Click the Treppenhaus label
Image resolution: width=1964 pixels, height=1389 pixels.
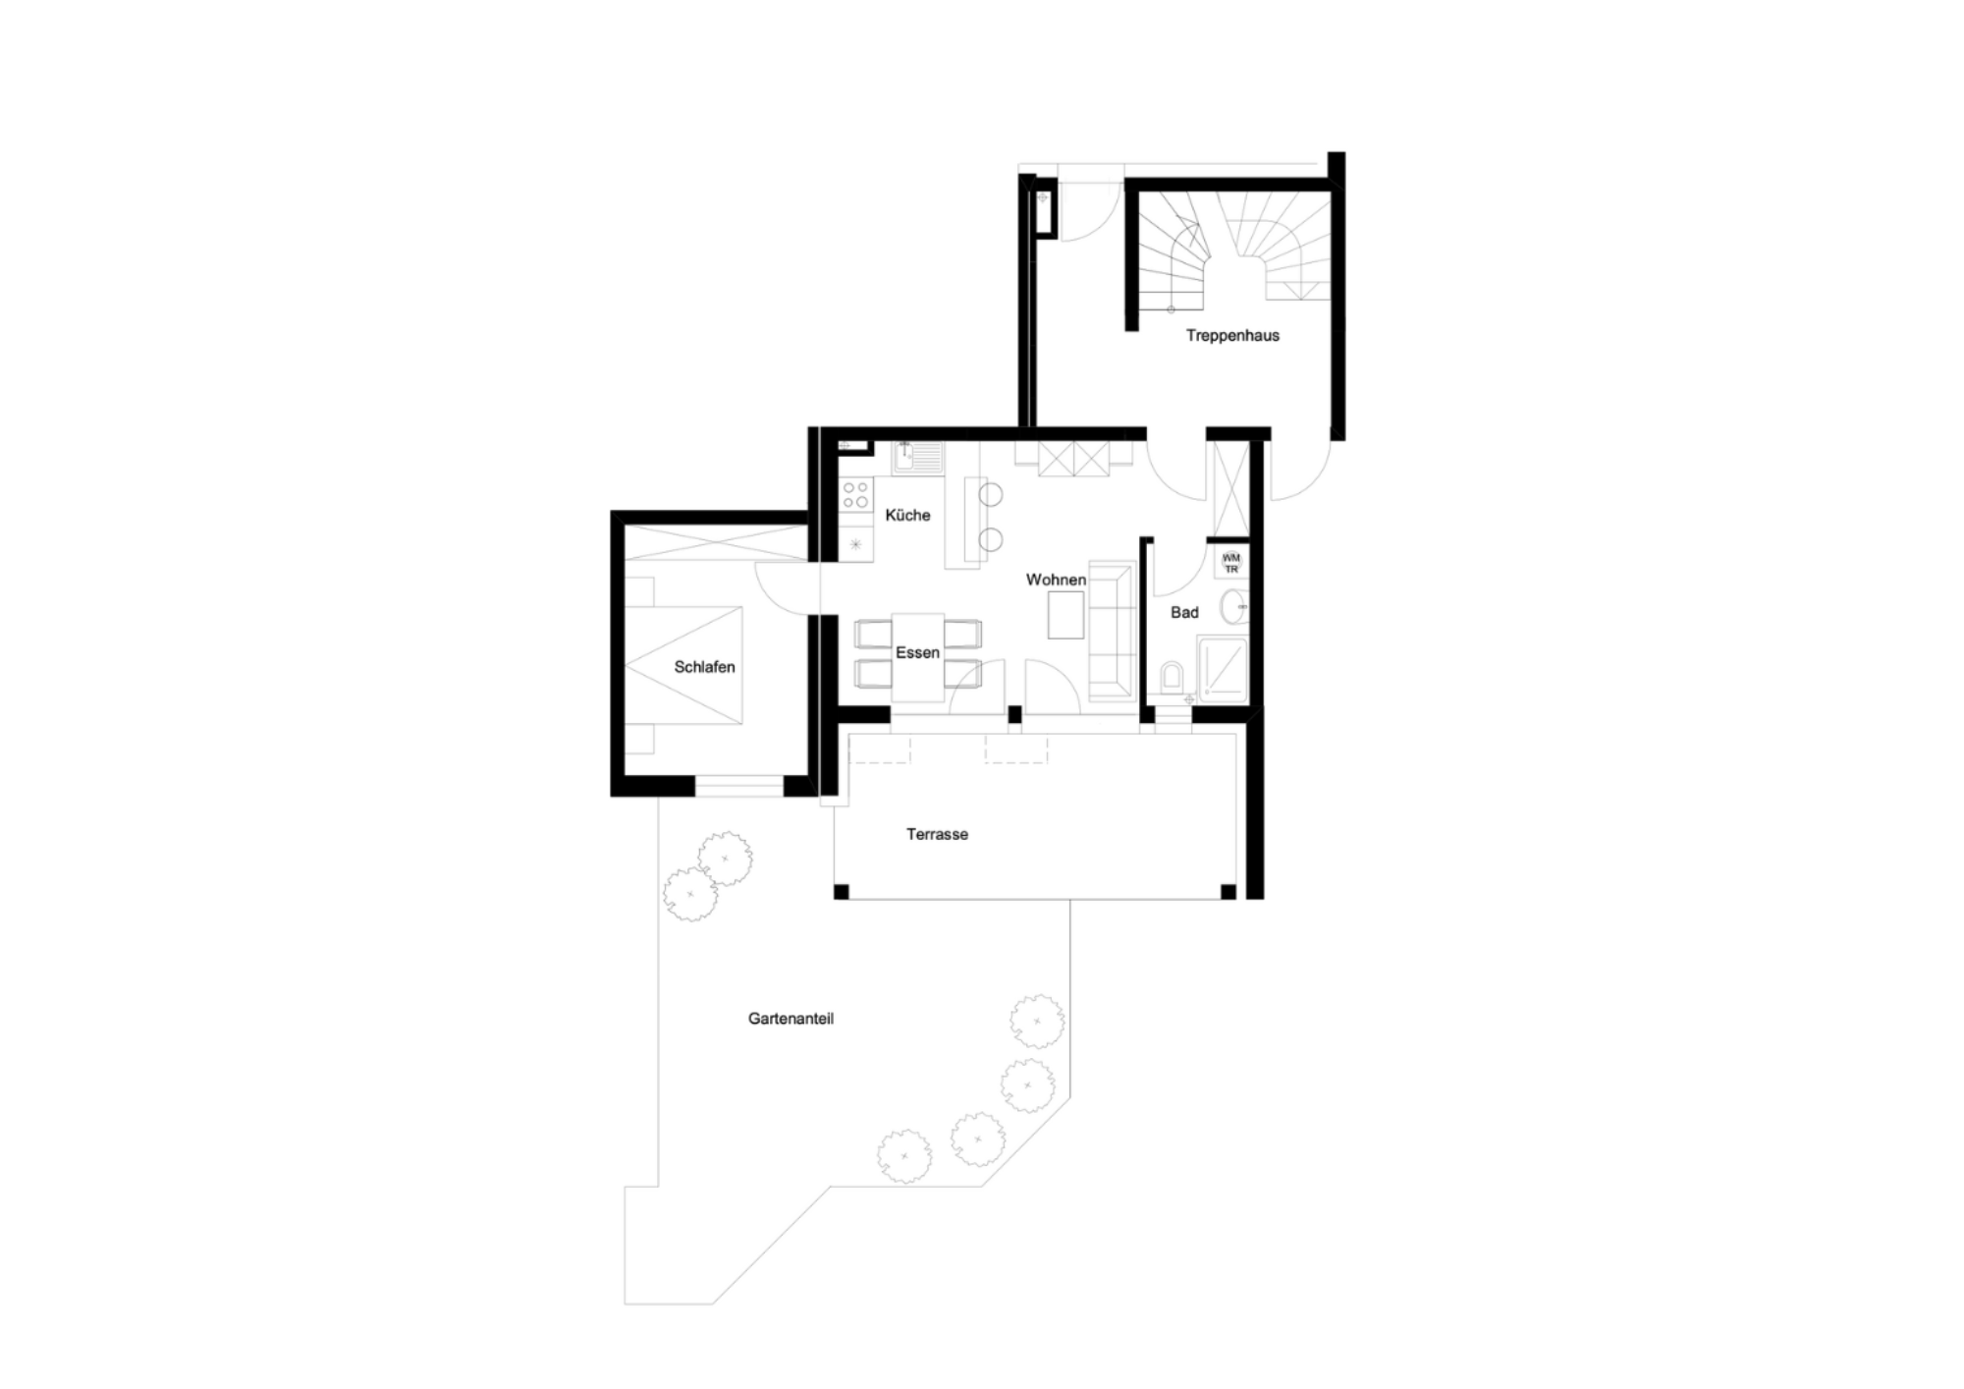(x=1232, y=336)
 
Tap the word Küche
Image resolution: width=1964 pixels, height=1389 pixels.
(x=907, y=515)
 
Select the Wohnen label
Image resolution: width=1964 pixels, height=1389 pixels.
(x=1056, y=580)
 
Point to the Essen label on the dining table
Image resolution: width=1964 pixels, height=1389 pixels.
(x=917, y=652)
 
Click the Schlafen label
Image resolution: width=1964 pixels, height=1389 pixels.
(x=704, y=667)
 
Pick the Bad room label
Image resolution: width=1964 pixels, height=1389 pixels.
(x=1184, y=613)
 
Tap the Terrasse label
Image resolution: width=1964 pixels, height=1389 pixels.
(x=937, y=835)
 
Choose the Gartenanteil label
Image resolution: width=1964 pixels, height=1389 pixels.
(x=791, y=1019)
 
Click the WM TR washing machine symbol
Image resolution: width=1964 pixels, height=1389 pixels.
(x=1231, y=563)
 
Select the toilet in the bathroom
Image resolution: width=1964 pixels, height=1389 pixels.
(x=1172, y=678)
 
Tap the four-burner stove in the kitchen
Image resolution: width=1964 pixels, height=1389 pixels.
(x=855, y=494)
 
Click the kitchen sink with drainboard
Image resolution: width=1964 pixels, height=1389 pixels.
(x=917, y=458)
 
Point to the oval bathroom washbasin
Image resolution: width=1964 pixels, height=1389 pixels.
(x=1234, y=607)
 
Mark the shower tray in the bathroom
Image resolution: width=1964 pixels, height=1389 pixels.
(x=1223, y=669)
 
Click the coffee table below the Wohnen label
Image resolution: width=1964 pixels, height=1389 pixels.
(x=1066, y=616)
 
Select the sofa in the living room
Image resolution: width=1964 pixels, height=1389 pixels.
(x=1112, y=631)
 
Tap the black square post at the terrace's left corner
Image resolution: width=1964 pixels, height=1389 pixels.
(x=841, y=892)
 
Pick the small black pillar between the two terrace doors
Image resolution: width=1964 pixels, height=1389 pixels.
(x=1014, y=715)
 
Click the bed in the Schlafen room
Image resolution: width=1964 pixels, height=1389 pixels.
(x=683, y=666)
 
